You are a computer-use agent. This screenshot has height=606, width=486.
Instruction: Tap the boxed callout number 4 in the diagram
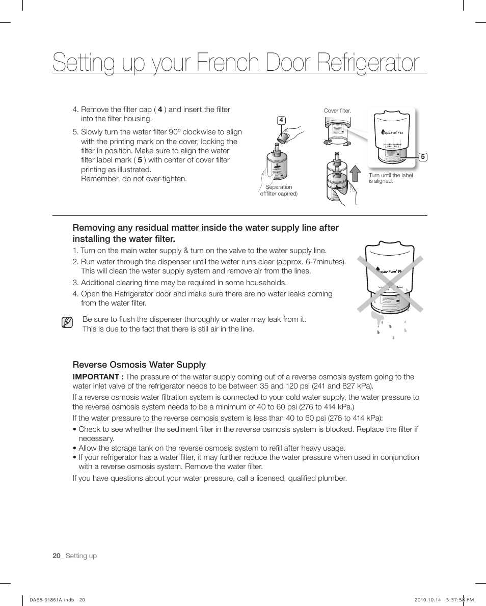tap(280, 120)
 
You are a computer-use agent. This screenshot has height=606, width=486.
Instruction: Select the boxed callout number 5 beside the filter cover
tap(422, 157)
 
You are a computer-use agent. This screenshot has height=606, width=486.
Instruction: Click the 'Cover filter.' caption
tap(337, 111)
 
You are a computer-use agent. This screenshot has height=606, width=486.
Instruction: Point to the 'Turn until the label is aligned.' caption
tap(390, 178)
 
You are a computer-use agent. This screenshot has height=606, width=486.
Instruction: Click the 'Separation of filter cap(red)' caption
tap(279, 190)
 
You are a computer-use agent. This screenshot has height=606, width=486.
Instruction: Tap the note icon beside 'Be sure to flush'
tap(66, 323)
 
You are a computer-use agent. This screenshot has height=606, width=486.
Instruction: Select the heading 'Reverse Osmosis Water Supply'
tap(139, 365)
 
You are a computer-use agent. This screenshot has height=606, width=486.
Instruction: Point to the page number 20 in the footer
tap(56, 556)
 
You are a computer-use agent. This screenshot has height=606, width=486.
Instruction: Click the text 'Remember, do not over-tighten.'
tap(134, 179)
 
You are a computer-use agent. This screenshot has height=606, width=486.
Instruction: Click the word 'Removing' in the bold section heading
tap(95, 228)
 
